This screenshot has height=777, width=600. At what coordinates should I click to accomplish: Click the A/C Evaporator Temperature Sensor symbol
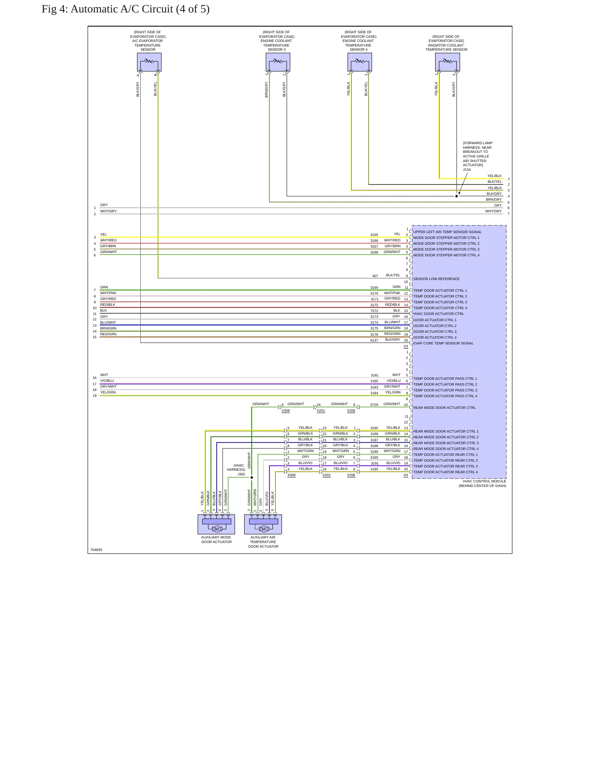coord(149,62)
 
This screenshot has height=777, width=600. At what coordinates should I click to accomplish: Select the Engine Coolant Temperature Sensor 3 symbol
coord(278,62)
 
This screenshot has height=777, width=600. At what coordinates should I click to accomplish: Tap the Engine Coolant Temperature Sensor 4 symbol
coord(360,62)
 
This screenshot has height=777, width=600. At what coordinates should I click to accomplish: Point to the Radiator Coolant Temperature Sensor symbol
coord(448,62)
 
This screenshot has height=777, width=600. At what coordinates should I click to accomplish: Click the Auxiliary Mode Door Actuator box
coord(216,524)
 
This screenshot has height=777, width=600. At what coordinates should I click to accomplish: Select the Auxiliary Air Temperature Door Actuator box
coord(263,524)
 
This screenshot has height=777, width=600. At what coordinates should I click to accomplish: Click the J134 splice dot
coord(456,196)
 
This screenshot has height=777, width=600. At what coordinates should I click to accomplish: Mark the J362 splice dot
coord(252,477)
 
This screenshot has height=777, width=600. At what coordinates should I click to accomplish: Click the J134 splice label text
coord(467,170)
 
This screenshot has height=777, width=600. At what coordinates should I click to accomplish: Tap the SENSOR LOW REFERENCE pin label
coord(436,279)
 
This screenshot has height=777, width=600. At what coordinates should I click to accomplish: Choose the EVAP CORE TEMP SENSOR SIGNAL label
coord(443,343)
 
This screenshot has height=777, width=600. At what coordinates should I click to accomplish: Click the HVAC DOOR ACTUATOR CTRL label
coord(438,314)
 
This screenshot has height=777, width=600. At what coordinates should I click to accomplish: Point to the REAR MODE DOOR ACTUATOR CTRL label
coord(444,408)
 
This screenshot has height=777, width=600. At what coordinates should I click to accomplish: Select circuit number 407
coord(375,276)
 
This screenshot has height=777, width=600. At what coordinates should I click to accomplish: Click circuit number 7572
coord(374,311)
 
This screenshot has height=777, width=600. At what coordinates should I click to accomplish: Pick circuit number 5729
coord(374,405)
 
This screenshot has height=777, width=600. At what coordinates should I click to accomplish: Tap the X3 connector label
coord(406,347)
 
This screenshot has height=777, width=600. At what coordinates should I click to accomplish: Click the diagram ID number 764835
coord(96,550)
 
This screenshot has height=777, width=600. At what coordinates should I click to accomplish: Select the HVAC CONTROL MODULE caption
coord(484,481)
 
